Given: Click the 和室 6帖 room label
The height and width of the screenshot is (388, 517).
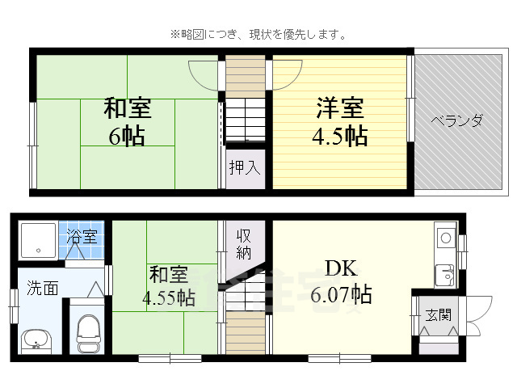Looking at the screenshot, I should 127,121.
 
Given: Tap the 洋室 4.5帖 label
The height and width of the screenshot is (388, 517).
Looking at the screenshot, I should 339,121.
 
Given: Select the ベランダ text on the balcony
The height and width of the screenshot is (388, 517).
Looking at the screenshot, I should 456,121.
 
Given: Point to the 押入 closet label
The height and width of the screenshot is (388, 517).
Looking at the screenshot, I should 244,168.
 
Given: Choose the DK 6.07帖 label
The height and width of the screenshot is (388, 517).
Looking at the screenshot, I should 341,281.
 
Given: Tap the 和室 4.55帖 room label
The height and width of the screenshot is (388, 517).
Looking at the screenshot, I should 168,286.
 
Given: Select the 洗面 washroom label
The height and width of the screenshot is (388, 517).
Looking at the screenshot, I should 42,287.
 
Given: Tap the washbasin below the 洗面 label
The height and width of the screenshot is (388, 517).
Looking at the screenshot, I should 34,339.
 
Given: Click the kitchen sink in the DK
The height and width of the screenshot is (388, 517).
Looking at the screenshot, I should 445,275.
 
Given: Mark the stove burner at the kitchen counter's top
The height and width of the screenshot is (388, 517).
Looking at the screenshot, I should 445,238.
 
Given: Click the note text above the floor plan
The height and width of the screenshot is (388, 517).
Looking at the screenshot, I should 258,35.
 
